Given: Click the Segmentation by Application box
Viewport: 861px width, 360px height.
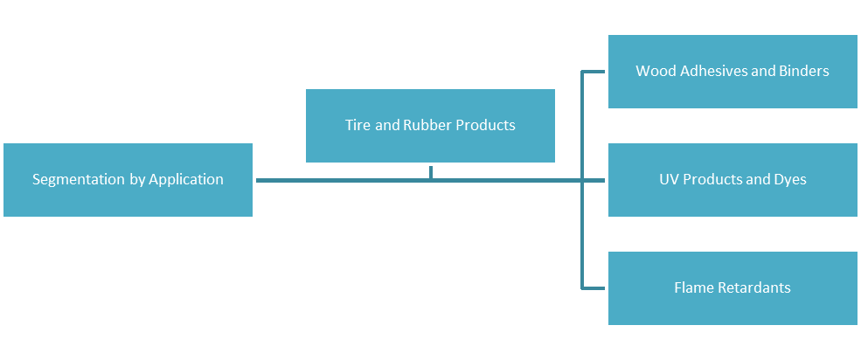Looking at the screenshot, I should click(128, 180).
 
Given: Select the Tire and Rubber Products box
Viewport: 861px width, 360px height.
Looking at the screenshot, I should click(430, 125).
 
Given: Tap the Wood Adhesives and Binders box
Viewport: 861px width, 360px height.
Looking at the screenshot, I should click(733, 72).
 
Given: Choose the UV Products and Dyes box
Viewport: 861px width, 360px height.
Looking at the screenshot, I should click(733, 180).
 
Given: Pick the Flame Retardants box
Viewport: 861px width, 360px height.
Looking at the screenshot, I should click(733, 288).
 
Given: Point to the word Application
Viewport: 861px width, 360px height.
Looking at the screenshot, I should click(186, 180).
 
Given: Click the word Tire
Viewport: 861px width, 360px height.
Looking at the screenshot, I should click(358, 125).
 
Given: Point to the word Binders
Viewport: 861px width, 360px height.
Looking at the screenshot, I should click(805, 71).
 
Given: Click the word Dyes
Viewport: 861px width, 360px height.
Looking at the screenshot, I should click(790, 180).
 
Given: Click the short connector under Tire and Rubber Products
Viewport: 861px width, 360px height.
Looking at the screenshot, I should click(431, 172).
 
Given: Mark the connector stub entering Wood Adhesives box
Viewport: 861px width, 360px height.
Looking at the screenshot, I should click(594, 72).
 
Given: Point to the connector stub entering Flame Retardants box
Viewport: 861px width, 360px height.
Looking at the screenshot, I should click(594, 288).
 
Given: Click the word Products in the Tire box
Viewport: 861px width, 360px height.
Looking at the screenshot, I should click(485, 125).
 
